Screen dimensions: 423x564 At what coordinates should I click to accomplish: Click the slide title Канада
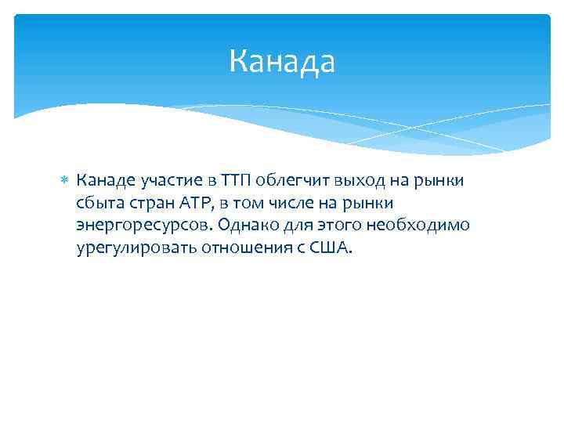tap(282, 62)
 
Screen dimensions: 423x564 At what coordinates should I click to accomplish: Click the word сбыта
tap(98, 204)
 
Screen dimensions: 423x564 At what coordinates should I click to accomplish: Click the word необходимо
tap(423, 226)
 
